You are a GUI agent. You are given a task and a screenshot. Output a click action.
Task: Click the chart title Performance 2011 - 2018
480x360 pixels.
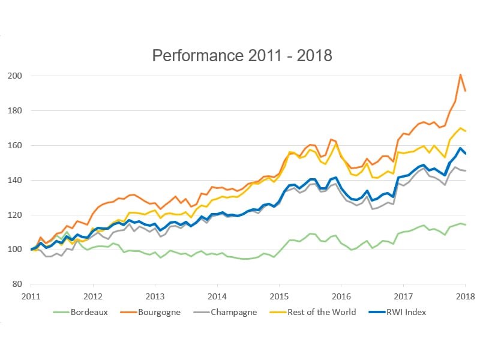242,56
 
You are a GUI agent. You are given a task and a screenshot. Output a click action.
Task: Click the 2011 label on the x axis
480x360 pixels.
31,296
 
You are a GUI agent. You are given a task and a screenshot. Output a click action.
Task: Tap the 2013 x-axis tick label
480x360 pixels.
155,296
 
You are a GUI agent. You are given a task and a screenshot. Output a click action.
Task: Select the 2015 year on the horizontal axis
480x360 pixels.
279,296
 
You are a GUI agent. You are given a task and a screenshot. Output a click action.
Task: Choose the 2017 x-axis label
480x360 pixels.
403,296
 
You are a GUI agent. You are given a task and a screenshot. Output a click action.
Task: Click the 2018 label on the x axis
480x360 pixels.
465,296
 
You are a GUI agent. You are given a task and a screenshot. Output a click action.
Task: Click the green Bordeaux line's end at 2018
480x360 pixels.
466,224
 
